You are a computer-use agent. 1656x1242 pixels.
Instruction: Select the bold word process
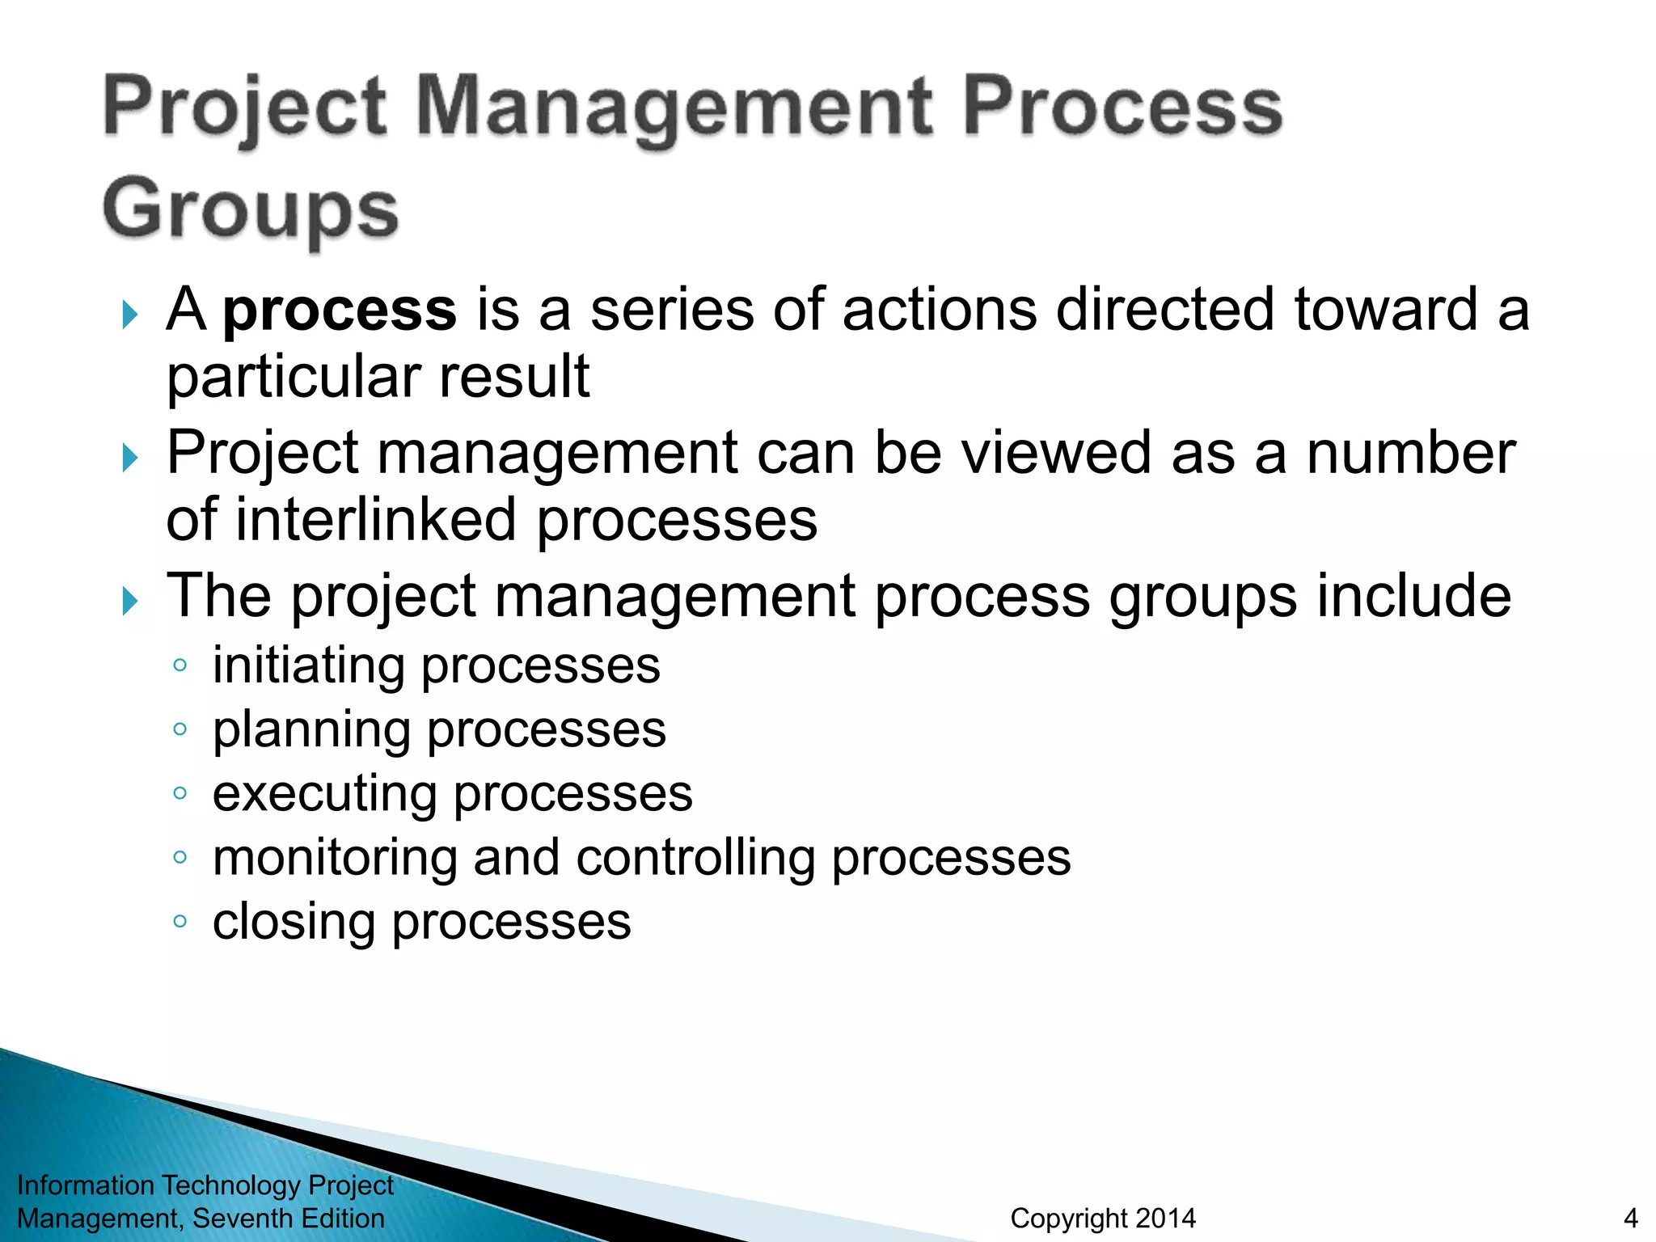pyautogui.click(x=340, y=310)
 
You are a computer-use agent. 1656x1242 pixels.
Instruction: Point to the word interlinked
pyautogui.click(x=376, y=519)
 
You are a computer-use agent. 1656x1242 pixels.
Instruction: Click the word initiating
pyautogui.click(x=308, y=666)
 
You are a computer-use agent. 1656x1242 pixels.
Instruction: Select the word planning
pyautogui.click(x=311, y=730)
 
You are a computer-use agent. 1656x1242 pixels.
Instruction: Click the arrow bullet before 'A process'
pyautogui.click(x=129, y=314)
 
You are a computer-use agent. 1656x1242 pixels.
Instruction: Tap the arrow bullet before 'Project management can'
pyautogui.click(x=129, y=458)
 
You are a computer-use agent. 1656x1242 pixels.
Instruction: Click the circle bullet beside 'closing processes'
pyautogui.click(x=180, y=920)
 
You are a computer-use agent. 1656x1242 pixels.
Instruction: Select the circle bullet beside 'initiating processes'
pyautogui.click(x=180, y=665)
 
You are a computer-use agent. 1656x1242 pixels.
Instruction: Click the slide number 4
pyautogui.click(x=1630, y=1218)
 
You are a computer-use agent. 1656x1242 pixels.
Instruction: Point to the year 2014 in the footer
pyautogui.click(x=1165, y=1218)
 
